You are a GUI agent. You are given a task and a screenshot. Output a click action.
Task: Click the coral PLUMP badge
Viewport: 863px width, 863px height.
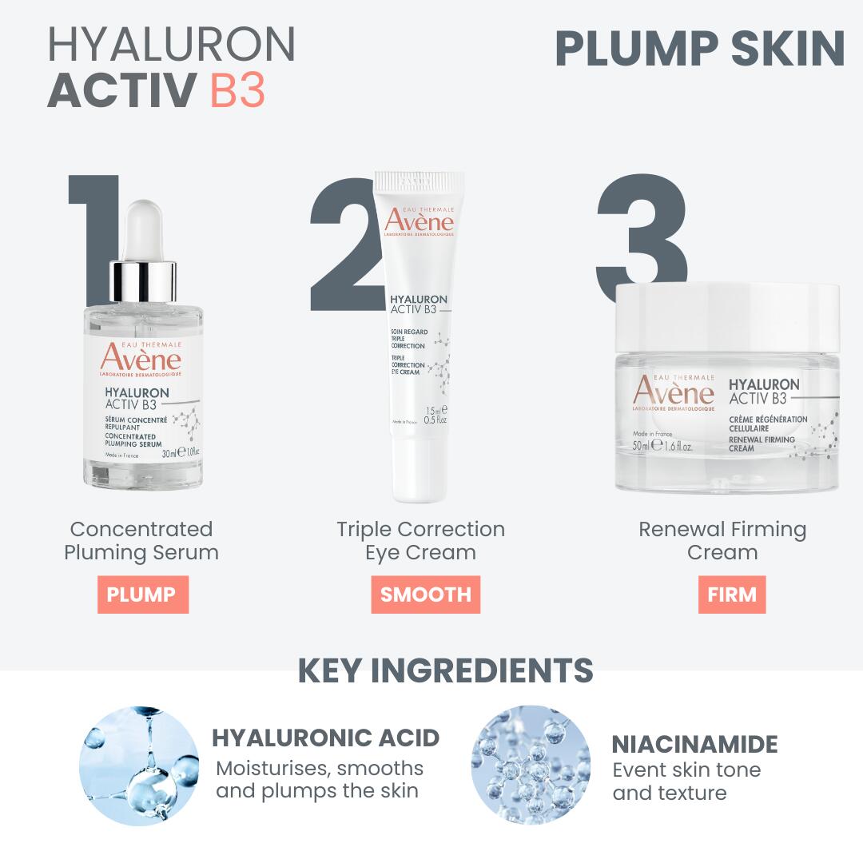(x=142, y=595)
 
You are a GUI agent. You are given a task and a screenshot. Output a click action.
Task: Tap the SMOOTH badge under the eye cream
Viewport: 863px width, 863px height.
(x=425, y=595)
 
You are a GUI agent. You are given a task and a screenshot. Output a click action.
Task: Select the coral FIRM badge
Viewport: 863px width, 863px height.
(x=731, y=595)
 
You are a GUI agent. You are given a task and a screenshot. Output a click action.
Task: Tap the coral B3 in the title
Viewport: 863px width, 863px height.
(x=237, y=91)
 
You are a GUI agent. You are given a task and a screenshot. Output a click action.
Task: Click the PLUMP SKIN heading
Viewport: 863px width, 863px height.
(x=699, y=50)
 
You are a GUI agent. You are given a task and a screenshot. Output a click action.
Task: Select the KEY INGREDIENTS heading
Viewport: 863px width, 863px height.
(x=445, y=671)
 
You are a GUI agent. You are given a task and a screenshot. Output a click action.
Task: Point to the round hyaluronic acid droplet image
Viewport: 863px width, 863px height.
(x=139, y=766)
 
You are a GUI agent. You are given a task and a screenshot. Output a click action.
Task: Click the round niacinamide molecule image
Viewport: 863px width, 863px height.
(x=531, y=766)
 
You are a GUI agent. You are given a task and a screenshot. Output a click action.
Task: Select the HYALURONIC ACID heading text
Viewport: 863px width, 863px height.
(x=325, y=738)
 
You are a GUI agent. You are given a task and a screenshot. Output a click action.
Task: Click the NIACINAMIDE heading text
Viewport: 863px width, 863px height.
(x=694, y=744)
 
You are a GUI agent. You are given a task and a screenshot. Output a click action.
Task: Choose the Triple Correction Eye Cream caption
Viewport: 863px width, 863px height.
(x=420, y=541)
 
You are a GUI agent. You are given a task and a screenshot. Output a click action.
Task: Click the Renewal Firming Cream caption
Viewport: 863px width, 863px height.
(x=722, y=541)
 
